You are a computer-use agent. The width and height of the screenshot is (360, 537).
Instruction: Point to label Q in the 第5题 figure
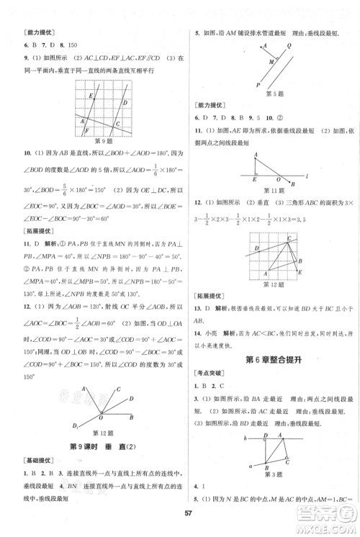[x=289, y=45]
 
